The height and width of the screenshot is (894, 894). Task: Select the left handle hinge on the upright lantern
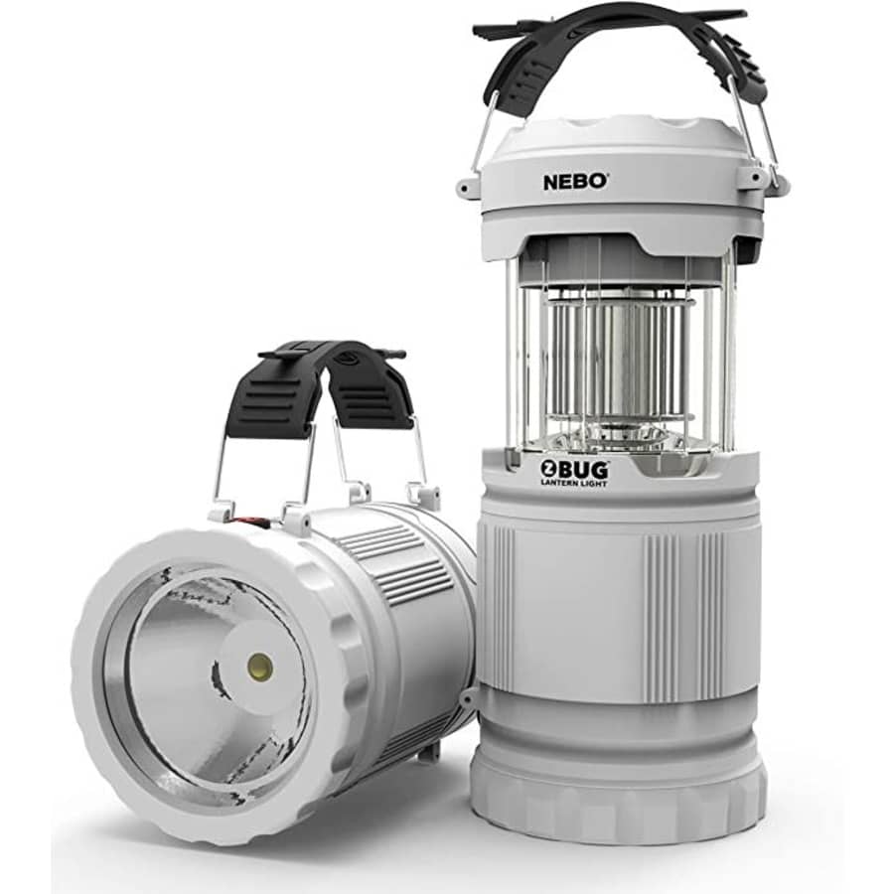[x=467, y=187]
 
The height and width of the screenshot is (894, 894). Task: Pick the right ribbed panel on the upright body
[x=685, y=606]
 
